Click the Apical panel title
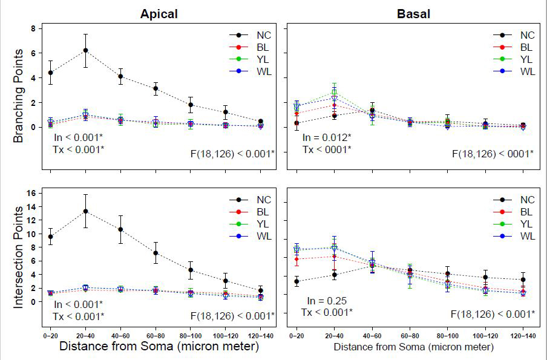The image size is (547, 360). point(159,13)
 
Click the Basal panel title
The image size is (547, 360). point(413,13)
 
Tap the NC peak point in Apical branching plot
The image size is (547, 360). point(85,50)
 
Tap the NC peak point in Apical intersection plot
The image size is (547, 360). point(85,211)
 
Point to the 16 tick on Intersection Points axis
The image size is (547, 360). point(33,193)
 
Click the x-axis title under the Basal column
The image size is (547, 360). point(413,348)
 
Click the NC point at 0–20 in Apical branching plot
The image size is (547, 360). point(50,73)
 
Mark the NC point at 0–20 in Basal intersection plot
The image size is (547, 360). point(296,281)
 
